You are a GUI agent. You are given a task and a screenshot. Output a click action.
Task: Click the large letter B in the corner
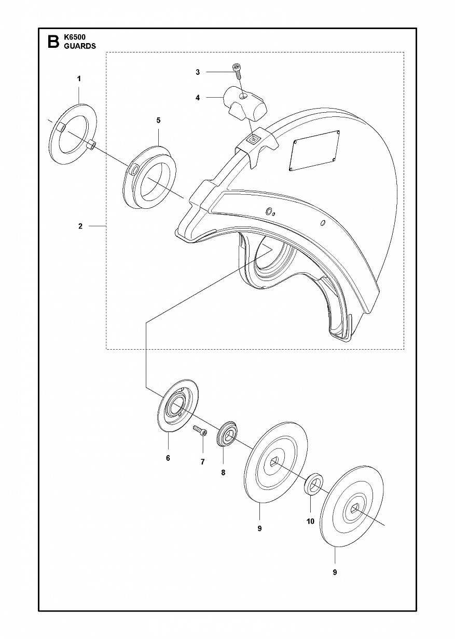click(x=53, y=42)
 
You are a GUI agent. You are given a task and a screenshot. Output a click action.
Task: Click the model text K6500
click(x=75, y=37)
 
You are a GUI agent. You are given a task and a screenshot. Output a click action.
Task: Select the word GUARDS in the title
click(x=80, y=46)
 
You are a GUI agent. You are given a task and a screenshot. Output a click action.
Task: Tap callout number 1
click(x=79, y=79)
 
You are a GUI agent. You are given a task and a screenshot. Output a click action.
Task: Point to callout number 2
click(x=80, y=226)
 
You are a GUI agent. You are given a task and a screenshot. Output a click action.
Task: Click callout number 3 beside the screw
click(x=198, y=72)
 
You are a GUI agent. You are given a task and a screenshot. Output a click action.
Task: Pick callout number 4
click(x=198, y=98)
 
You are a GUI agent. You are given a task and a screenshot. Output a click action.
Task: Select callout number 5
click(x=158, y=121)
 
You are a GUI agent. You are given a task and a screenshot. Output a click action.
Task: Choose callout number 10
click(x=310, y=521)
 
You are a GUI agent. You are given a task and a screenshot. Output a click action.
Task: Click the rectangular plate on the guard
click(x=314, y=151)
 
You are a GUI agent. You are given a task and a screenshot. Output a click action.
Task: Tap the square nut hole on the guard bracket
click(x=253, y=139)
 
